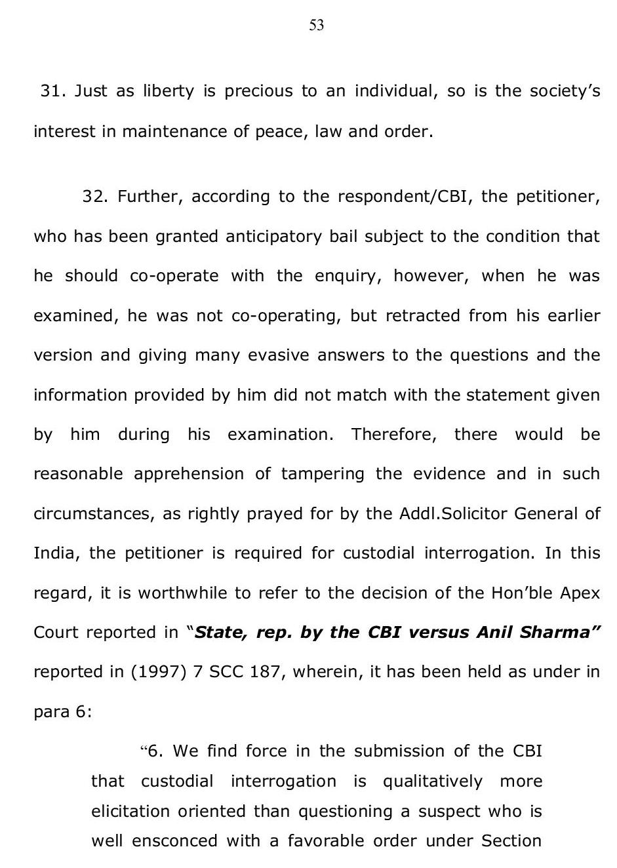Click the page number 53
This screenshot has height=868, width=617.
coord(316,26)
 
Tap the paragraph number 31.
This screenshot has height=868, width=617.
coord(52,91)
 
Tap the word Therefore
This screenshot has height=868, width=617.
coord(393,435)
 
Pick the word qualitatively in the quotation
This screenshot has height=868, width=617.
coord(432,781)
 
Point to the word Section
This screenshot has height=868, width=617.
coord(511,841)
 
